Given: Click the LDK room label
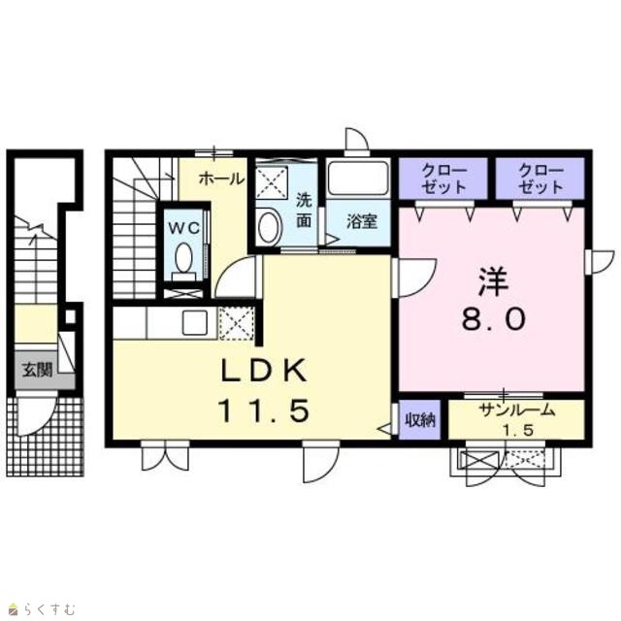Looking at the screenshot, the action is tap(264, 371).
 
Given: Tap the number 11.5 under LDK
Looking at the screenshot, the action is tap(264, 410).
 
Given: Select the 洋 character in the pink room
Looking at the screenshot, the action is tap(493, 281).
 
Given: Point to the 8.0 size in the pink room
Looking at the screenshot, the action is tap(494, 319).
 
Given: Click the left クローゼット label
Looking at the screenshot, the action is tap(443, 179).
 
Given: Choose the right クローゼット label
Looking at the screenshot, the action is tap(540, 179).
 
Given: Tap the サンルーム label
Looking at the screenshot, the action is tap(517, 410).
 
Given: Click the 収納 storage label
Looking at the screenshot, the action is tap(419, 420).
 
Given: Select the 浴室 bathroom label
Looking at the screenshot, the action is tap(362, 221).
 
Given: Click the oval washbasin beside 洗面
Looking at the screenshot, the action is tap(269, 226).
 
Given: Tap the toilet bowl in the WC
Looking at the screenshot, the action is tap(183, 257).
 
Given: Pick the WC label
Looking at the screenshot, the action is tap(183, 228).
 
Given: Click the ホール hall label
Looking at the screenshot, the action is tap(221, 179).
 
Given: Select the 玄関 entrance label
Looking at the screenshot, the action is tap(37, 370).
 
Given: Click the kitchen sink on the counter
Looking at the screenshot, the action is tap(195, 322).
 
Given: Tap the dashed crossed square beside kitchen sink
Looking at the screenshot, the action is tap(237, 323).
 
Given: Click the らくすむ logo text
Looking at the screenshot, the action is tap(49, 608).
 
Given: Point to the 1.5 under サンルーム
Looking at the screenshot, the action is tap(518, 430).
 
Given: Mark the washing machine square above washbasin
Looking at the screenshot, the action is tap(272, 182).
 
